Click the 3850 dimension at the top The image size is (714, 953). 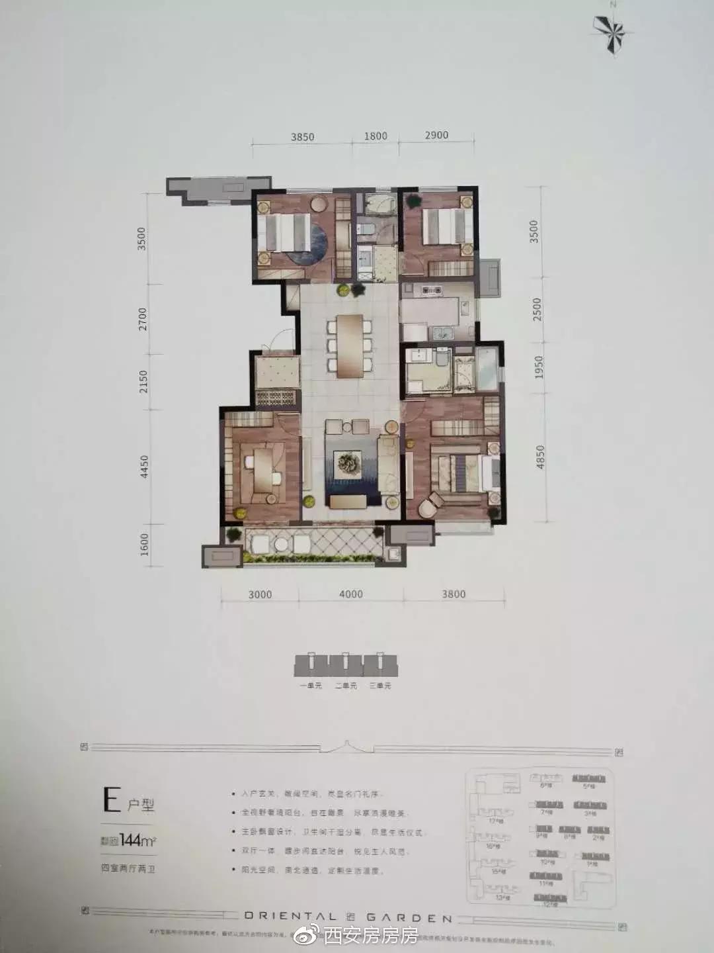tap(302, 137)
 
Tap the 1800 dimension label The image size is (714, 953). tap(375, 136)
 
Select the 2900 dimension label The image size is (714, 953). tap(436, 135)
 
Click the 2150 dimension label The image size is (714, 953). tap(143, 382)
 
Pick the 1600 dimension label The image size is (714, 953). tap(145, 545)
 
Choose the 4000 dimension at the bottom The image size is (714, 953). tap(350, 594)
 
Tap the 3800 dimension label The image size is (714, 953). tap(454, 594)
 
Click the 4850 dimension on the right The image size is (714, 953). tap(540, 457)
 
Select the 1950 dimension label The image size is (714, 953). tap(538, 368)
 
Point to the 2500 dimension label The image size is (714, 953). tap(537, 309)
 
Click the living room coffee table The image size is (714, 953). tap(346, 461)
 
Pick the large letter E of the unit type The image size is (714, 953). tap(111, 801)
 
